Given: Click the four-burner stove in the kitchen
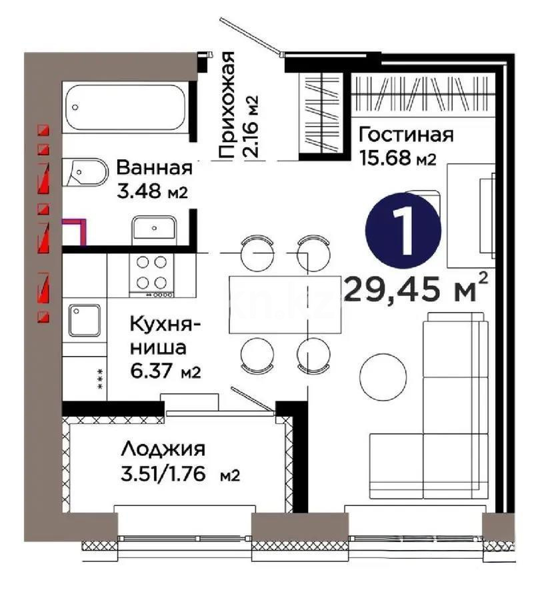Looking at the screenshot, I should [152, 275].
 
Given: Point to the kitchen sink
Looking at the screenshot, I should [84, 323].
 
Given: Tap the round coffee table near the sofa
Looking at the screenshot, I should [383, 376].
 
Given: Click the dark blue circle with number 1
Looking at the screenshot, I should [403, 228].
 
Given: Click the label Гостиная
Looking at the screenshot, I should [406, 135].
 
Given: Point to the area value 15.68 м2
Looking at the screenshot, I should [397, 159].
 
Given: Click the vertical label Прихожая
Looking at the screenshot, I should [228, 105].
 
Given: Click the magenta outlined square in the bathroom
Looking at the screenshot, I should [74, 232].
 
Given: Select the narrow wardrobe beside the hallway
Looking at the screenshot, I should [322, 112].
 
